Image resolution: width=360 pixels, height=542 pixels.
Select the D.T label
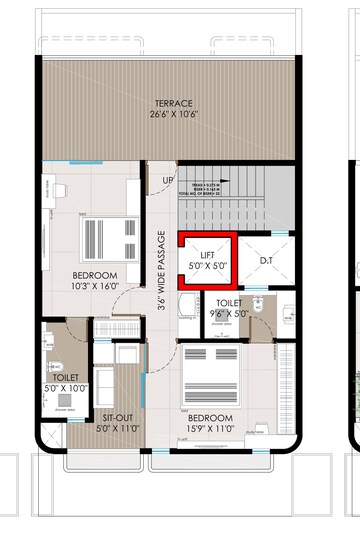pos(266,261)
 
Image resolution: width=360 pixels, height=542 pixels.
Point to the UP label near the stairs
pos(168,181)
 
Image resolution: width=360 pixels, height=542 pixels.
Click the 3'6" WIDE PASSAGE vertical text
pos(161,273)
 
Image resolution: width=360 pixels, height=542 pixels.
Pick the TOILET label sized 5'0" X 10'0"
pos(66,378)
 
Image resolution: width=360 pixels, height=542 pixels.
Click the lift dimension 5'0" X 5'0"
pos(208,267)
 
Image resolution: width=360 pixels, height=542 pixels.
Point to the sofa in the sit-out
pos(129,367)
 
